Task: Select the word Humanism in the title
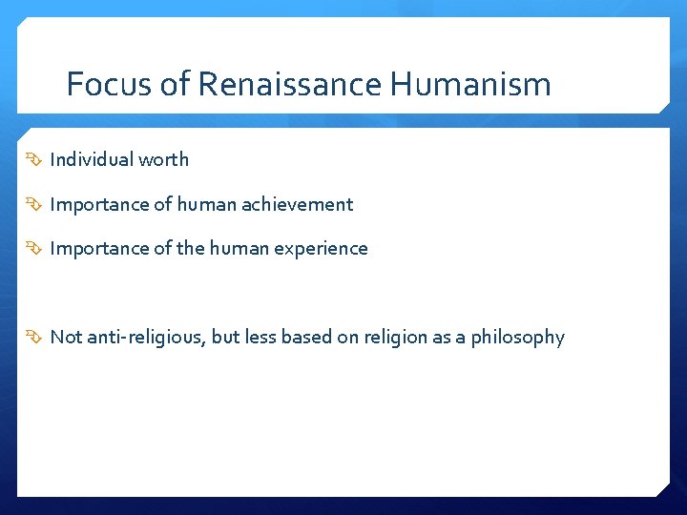(470, 85)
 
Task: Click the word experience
(321, 249)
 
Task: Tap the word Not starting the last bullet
(66, 337)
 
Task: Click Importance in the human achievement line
(99, 204)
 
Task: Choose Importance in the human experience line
(99, 249)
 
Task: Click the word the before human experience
(190, 249)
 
